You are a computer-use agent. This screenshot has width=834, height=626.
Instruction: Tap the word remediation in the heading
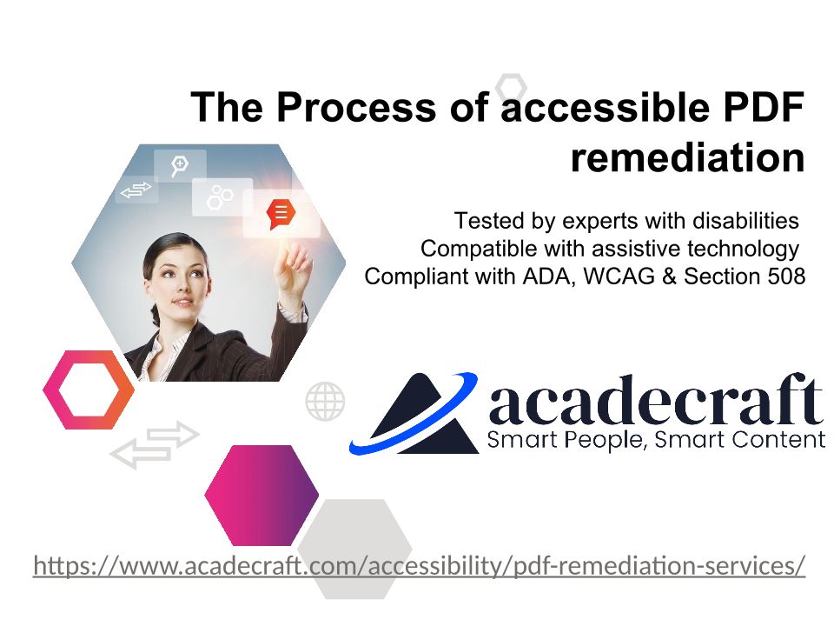tap(687, 157)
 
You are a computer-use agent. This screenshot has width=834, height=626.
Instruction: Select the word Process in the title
tap(356, 107)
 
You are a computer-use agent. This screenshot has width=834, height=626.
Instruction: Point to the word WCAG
tap(619, 276)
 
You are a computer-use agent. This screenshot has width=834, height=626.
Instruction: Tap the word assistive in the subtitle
tap(635, 249)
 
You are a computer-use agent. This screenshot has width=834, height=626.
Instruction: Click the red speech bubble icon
tap(281, 214)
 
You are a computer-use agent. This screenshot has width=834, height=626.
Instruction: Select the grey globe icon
tap(325, 401)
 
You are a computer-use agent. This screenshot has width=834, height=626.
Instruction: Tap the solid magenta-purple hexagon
tap(261, 495)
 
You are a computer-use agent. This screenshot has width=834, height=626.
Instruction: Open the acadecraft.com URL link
tap(419, 565)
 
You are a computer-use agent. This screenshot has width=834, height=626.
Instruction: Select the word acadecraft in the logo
tap(655, 400)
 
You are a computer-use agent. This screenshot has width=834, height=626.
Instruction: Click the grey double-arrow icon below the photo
tap(155, 445)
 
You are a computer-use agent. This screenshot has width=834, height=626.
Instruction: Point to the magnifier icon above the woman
tap(179, 165)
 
